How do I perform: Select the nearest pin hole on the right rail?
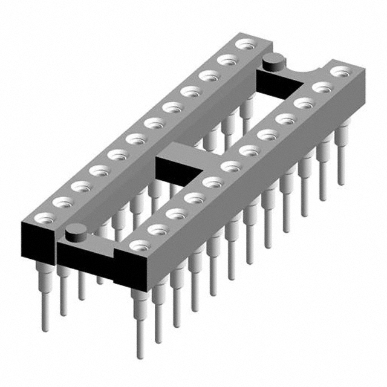pyautogui.click(x=140, y=245)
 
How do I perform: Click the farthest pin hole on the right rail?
pyautogui.click(x=340, y=71)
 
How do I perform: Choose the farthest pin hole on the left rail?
pyautogui.click(x=245, y=44)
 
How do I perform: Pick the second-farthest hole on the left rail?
pyautogui.click(x=227, y=59)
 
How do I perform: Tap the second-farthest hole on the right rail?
pyautogui.click(x=322, y=87)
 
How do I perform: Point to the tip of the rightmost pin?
pyautogui.click(x=341, y=182)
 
